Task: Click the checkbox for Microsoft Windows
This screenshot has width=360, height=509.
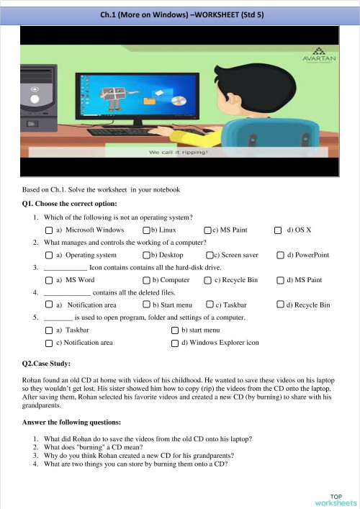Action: tap(48, 230)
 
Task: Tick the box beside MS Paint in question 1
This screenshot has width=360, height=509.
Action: tap(207, 230)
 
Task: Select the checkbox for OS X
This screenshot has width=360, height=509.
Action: tap(279, 230)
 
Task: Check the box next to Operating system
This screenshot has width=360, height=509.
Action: tap(48, 255)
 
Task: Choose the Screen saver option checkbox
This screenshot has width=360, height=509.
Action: tap(210, 255)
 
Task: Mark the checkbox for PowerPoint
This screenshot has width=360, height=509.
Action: tap(280, 255)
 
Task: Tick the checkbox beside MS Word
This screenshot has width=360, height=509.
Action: tap(48, 280)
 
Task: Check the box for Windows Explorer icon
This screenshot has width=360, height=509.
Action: tap(175, 343)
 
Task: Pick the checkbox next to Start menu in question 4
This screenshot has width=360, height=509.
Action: tap(146, 305)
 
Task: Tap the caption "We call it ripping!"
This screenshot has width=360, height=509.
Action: tap(178, 153)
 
